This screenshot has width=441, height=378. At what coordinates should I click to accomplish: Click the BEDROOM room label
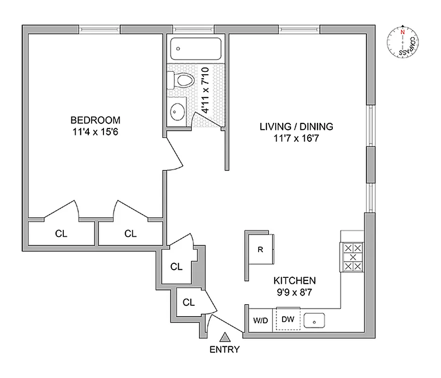(95, 120)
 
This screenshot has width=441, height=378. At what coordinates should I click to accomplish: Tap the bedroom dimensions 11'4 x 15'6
(95, 132)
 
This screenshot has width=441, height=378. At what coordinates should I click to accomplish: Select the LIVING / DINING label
(296, 126)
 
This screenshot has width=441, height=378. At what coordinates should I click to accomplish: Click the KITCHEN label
(296, 280)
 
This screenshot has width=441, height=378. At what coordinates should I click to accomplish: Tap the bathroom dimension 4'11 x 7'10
(205, 90)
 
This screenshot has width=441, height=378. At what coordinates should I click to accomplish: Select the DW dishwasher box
(288, 319)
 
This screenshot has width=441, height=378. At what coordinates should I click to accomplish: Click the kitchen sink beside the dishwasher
(314, 321)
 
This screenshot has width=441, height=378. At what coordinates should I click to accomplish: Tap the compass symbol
(402, 42)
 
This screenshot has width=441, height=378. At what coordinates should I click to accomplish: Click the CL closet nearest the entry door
(189, 302)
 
